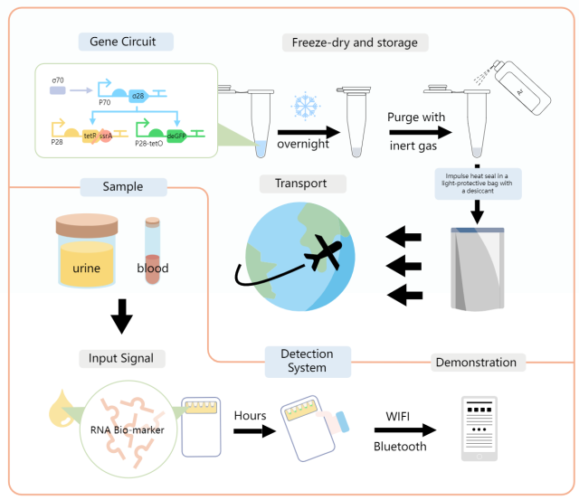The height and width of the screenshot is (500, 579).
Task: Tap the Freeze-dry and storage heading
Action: (x=355, y=42)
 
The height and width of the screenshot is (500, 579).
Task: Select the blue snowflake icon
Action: (x=302, y=107)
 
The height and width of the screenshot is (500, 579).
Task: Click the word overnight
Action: (x=303, y=142)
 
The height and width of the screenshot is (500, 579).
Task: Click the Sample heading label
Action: (x=124, y=187)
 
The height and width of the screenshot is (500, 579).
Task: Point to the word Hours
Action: (x=250, y=414)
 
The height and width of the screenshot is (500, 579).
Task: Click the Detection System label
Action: (x=308, y=360)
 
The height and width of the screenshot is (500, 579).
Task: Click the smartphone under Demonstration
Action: (x=479, y=429)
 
